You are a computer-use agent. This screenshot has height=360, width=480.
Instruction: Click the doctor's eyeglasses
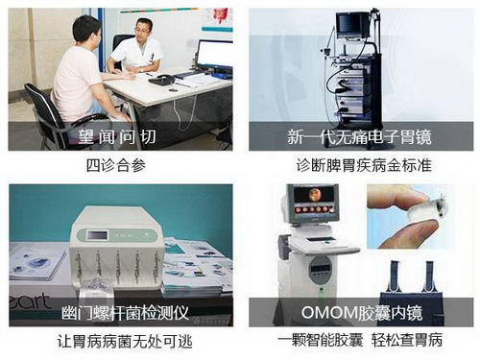(142, 31)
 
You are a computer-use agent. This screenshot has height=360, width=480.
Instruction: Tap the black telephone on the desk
(162, 80)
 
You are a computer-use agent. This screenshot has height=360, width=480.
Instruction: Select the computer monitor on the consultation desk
(214, 54)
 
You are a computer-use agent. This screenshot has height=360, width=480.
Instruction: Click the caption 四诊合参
(116, 166)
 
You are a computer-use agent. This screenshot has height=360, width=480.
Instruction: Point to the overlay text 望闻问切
(117, 137)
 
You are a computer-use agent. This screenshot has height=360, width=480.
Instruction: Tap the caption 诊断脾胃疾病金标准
(364, 166)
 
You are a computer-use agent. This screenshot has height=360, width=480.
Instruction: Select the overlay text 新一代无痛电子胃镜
(359, 137)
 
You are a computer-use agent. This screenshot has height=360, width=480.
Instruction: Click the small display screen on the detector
(97, 235)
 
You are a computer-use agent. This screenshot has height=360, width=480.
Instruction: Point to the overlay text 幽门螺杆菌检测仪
(126, 312)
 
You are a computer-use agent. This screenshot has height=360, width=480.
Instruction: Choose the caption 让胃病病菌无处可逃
(125, 341)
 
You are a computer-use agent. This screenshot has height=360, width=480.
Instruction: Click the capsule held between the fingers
(425, 209)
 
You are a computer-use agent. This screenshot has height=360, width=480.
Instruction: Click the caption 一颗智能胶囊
(321, 340)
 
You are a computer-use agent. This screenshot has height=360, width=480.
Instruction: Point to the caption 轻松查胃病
(407, 340)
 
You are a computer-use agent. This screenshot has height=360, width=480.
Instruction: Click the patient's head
(87, 32)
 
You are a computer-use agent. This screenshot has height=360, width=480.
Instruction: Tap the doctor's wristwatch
(141, 69)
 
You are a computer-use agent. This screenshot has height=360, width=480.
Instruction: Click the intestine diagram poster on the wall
(220, 16)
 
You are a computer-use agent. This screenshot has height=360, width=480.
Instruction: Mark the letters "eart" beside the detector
(30, 300)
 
